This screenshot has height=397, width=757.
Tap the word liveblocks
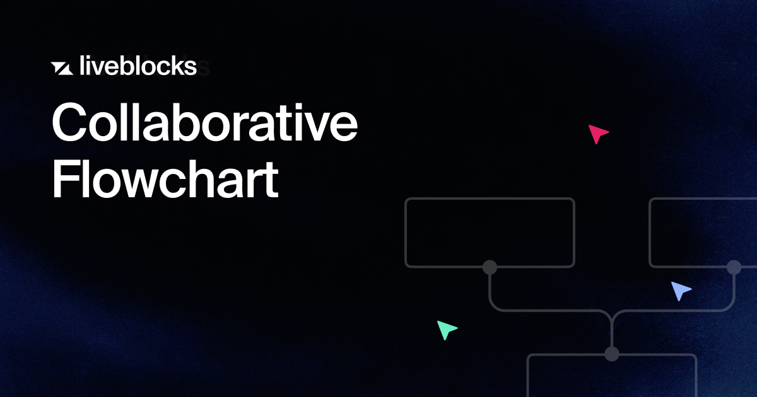click(139, 66)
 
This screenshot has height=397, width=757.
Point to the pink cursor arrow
click(597, 134)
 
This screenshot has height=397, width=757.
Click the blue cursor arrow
click(680, 291)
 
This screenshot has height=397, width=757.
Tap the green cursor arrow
click(446, 329)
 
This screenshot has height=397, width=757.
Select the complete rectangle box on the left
click(490, 232)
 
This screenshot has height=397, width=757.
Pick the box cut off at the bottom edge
click(611, 376)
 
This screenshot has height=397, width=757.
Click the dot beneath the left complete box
click(490, 267)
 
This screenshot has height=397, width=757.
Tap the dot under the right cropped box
click(734, 267)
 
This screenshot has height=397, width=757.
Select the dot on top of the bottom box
click(611, 354)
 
